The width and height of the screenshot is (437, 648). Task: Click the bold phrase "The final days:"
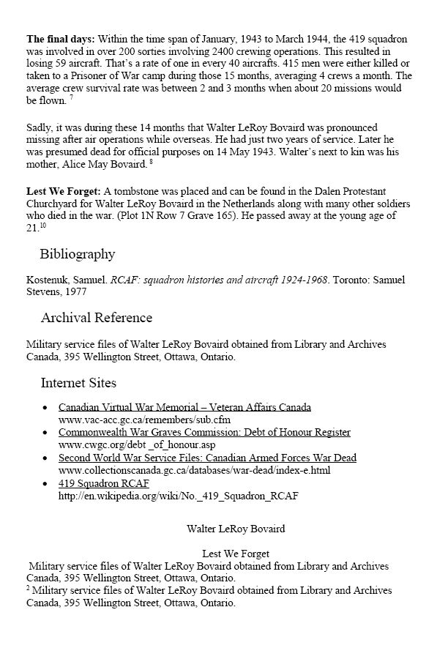[x=60, y=37]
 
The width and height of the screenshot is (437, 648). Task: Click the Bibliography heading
[x=77, y=254]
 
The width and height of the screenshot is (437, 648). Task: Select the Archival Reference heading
[x=96, y=318]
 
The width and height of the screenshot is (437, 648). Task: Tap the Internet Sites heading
[x=78, y=382]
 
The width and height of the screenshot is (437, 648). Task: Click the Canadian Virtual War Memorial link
[x=184, y=407]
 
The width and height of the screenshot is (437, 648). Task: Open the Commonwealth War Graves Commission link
[x=204, y=432]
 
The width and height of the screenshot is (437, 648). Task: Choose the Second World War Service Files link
[x=207, y=458]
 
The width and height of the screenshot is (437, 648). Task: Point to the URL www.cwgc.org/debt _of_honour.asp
[x=136, y=444]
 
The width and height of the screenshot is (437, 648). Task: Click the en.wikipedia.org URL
[x=178, y=496]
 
